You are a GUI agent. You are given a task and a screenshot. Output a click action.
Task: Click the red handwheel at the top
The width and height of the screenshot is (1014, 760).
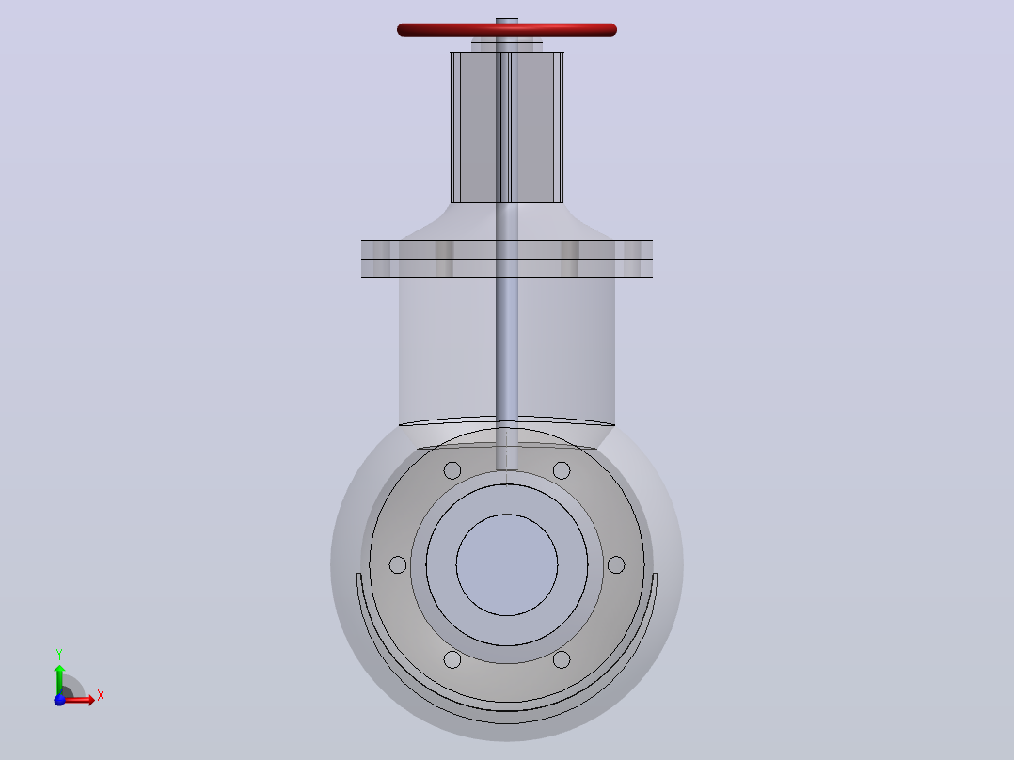pyautogui.click(x=506, y=30)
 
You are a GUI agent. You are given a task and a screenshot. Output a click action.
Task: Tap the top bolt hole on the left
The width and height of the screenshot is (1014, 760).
pyautogui.click(x=452, y=470)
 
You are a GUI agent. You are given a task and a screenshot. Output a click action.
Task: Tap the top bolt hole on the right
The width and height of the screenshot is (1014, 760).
pyautogui.click(x=562, y=470)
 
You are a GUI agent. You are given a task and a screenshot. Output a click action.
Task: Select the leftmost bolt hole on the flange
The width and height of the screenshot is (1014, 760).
pyautogui.click(x=398, y=564)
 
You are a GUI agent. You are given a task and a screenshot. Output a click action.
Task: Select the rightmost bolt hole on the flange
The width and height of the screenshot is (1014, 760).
pyautogui.click(x=616, y=564)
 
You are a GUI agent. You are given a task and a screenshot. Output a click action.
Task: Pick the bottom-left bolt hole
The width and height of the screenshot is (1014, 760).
pyautogui.click(x=452, y=659)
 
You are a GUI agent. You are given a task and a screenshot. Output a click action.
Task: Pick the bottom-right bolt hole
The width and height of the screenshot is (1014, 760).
pyautogui.click(x=562, y=659)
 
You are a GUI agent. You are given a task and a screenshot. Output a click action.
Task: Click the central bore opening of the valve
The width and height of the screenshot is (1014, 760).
pyautogui.click(x=507, y=564)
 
